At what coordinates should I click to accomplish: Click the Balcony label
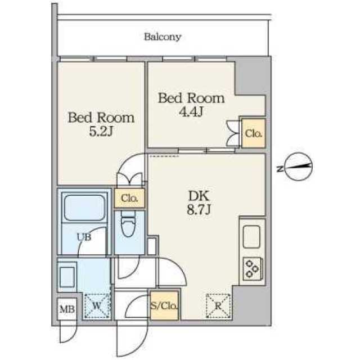pyautogui.click(x=163, y=38)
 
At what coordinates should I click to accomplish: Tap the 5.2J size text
pyautogui.click(x=101, y=132)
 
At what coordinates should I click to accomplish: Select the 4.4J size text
pyautogui.click(x=191, y=112)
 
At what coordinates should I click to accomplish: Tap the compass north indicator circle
pyautogui.click(x=298, y=167)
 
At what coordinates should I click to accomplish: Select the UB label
pyautogui.click(x=83, y=237)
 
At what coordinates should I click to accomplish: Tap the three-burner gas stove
pyautogui.click(x=251, y=269)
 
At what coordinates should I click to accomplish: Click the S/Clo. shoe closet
pyautogui.click(x=164, y=306)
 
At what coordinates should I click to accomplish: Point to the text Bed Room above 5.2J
pyautogui.click(x=101, y=118)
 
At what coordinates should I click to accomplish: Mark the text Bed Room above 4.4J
pyautogui.click(x=191, y=98)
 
